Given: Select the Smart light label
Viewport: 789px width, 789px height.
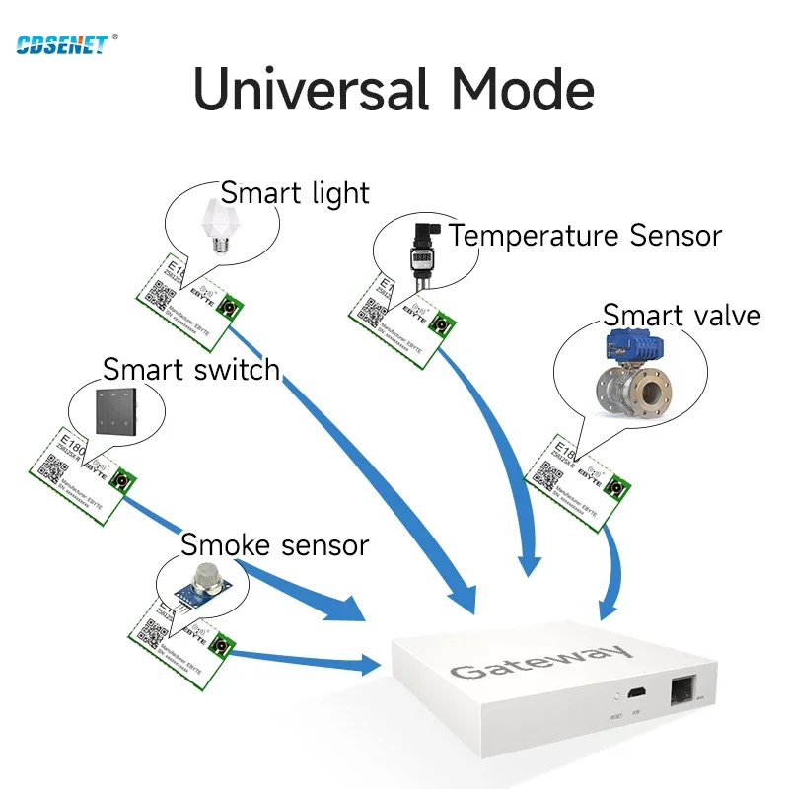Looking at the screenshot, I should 294,192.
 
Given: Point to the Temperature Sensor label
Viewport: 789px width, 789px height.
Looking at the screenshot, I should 585,236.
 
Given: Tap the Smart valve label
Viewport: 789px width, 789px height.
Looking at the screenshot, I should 681,316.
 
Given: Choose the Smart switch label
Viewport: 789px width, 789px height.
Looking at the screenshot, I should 191,370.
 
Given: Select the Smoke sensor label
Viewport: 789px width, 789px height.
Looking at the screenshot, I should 274,544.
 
